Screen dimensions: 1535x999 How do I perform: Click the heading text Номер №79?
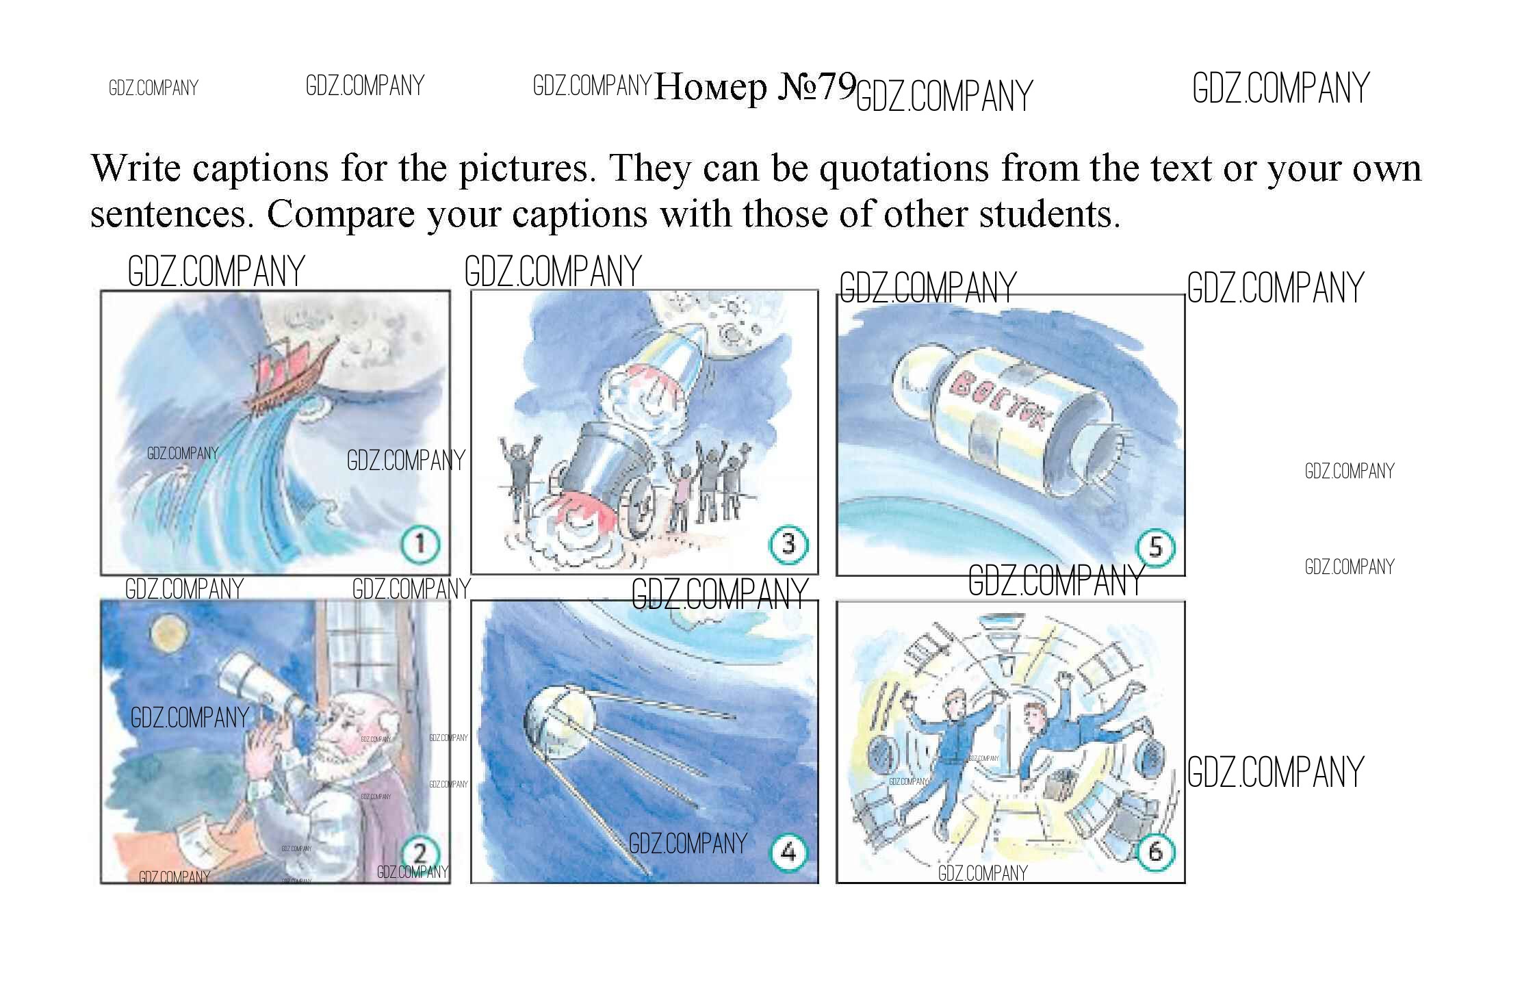click(755, 88)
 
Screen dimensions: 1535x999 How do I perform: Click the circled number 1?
click(420, 545)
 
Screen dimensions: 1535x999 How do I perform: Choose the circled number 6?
click(1155, 852)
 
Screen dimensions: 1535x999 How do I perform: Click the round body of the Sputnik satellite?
click(556, 725)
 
